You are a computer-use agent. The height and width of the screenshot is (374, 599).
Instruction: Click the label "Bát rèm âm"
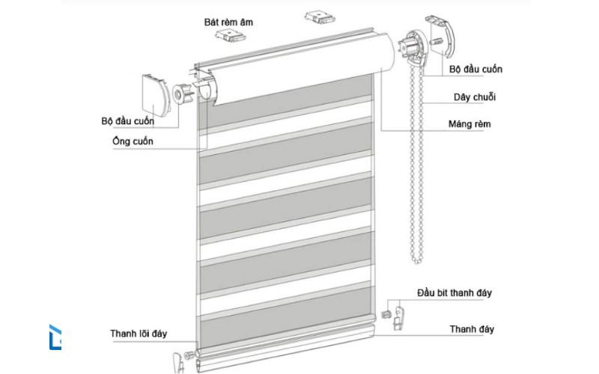tap(228, 22)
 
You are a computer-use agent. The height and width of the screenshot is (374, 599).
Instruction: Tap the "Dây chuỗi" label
tap(474, 96)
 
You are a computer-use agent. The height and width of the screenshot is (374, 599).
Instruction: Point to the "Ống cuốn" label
tap(133, 142)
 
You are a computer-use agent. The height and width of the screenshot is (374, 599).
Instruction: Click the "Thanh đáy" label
tap(472, 329)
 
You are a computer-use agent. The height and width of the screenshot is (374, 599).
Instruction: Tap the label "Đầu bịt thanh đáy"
tap(454, 293)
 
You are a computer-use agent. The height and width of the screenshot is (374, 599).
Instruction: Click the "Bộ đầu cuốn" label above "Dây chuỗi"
tap(475, 70)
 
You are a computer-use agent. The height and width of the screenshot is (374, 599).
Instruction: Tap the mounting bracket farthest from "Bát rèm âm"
tap(314, 16)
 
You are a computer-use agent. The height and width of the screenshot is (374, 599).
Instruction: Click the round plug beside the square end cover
tap(182, 94)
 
